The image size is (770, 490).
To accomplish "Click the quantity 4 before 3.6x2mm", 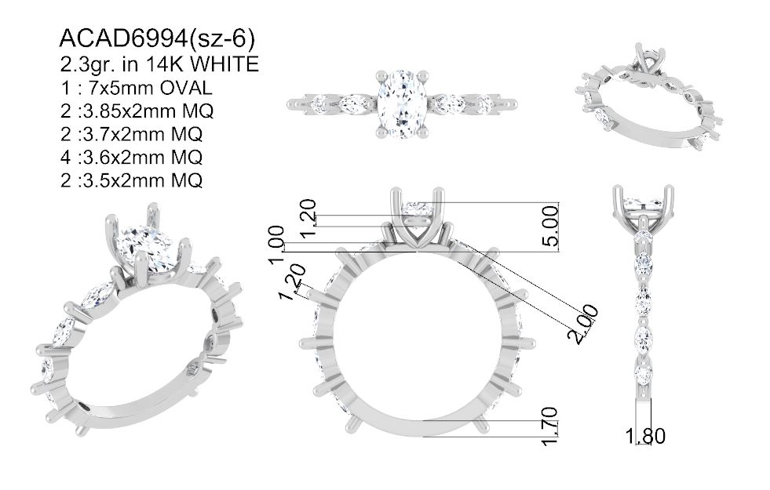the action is click(66, 158).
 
